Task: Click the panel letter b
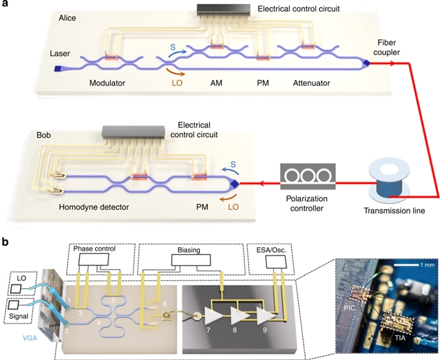[6, 242]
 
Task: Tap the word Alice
[66, 21]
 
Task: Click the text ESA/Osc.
[269, 250]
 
